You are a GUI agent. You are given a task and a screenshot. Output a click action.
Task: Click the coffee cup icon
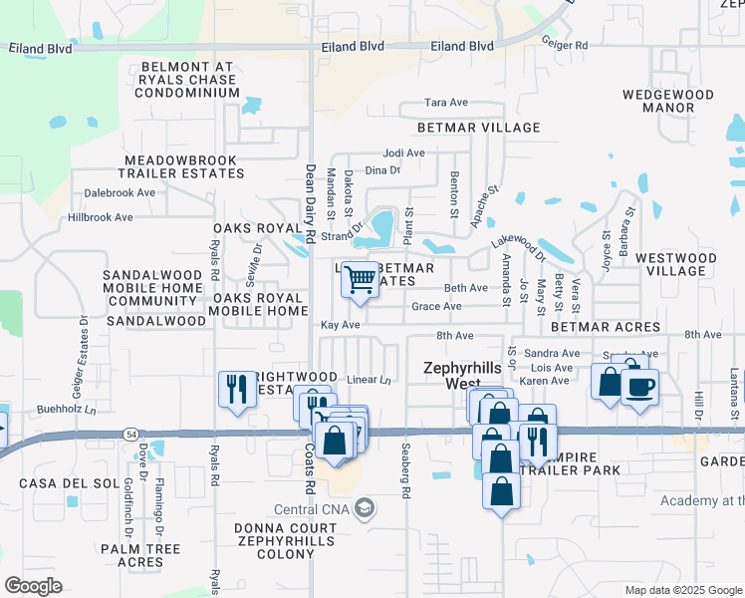639,386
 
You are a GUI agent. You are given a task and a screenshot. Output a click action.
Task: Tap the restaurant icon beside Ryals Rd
236,388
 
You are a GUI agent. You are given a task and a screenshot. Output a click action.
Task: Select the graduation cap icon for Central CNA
365,508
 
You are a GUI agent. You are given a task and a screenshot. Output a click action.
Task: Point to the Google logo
33,586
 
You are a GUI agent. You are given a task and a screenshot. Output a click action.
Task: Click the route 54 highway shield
132,434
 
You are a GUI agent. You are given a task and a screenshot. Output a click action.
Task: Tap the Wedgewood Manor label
667,101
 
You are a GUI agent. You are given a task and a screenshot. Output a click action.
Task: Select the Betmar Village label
479,128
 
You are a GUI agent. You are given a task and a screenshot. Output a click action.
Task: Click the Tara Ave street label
446,103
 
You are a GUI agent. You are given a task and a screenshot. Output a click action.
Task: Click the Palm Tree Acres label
139,556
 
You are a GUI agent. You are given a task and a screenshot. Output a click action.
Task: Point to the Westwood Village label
675,264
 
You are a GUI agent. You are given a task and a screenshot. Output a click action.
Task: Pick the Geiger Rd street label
565,45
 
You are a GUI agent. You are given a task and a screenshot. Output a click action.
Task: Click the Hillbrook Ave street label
100,217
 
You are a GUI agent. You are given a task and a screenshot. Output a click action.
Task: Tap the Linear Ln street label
370,380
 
